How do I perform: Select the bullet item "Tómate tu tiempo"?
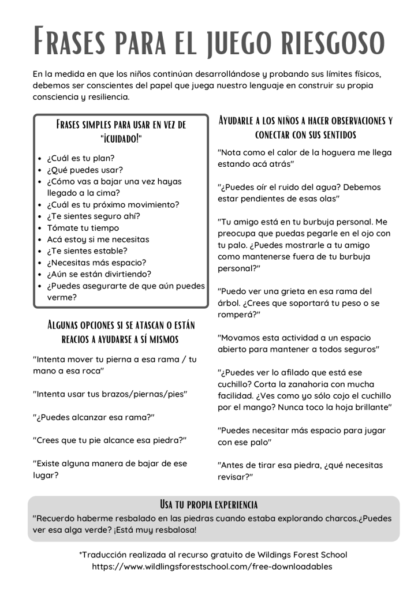pos(83,227)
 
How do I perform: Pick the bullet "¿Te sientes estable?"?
pos(87,251)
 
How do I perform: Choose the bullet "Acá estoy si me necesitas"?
pos(98,239)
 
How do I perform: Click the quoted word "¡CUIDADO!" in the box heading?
pos(121,139)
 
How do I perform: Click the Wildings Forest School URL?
pos(212,566)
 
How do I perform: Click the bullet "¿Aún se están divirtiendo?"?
pos(99,274)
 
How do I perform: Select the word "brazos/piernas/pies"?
pos(140,394)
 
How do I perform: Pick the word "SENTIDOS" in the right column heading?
pos(335,135)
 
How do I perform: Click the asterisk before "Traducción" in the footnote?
pos(81,554)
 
